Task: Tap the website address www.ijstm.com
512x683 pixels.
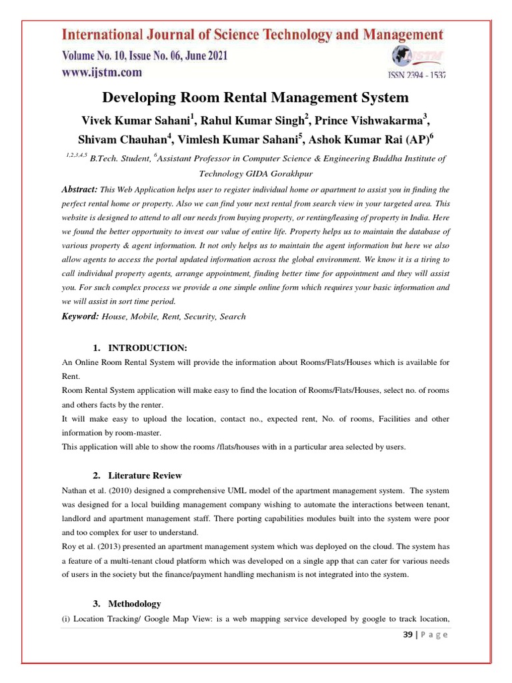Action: pyautogui.click(x=102, y=72)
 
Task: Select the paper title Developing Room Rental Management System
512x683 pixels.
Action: pyautogui.click(x=255, y=98)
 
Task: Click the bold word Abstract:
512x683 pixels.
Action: pyautogui.click(x=79, y=171)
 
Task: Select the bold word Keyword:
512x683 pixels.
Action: pyautogui.click(x=80, y=316)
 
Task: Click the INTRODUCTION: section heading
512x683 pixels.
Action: pyautogui.click(x=148, y=348)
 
